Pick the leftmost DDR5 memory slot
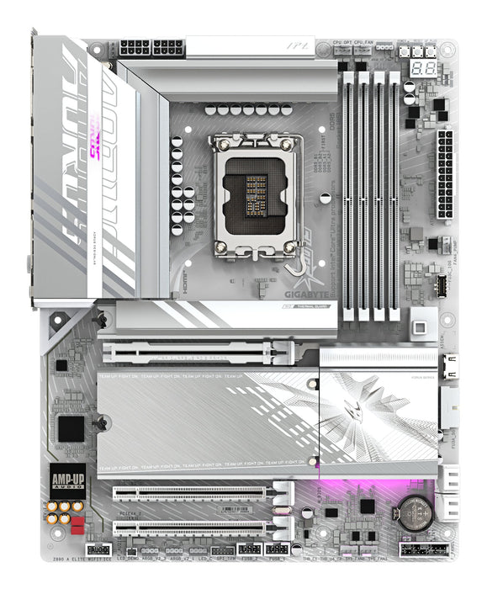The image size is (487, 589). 347,198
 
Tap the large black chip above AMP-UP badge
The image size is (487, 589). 71,427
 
